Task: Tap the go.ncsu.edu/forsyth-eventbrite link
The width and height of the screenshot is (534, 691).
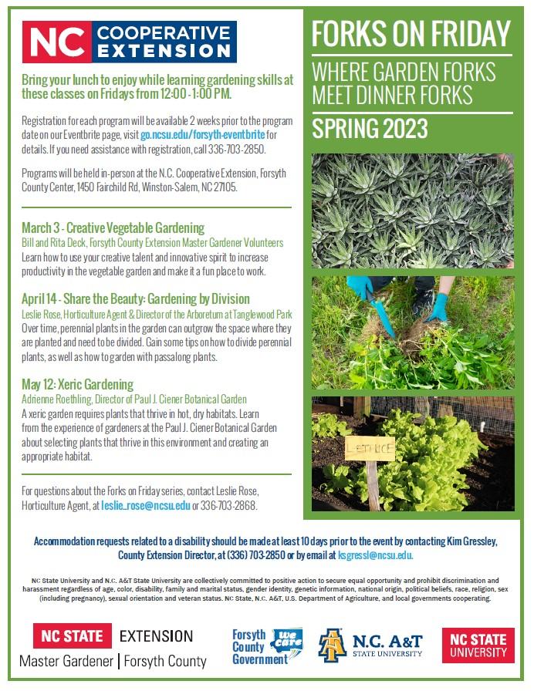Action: [x=203, y=135]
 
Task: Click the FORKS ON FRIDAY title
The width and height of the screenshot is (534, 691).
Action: [x=411, y=34]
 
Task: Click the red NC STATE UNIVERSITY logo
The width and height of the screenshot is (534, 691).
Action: [x=478, y=645]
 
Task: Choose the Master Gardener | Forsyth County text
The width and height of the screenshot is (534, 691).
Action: [x=113, y=661]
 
